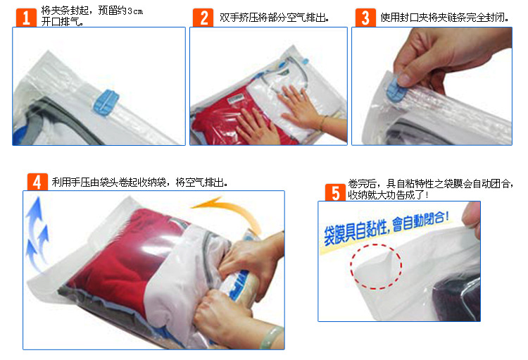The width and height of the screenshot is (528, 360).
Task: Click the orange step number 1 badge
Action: click(x=26, y=18)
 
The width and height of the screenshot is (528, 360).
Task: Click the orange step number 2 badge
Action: click(x=203, y=18)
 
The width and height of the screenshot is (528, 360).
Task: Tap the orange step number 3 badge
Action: click(x=365, y=18)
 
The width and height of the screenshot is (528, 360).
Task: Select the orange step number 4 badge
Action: click(x=37, y=182)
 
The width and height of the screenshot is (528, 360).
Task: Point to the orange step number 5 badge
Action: click(x=335, y=192)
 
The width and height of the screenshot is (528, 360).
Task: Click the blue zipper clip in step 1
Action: click(x=106, y=102)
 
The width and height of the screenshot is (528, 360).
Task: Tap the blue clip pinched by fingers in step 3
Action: click(x=394, y=89)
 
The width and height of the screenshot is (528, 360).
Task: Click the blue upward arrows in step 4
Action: click(x=37, y=232)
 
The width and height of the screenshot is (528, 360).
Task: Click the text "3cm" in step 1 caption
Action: click(x=135, y=11)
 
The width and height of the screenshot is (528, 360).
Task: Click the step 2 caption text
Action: click(x=274, y=17)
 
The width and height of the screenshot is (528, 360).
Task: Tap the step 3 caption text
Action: click(x=444, y=17)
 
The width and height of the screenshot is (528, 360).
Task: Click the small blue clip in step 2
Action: click(x=305, y=61)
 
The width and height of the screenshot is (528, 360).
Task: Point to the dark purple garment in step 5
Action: click(x=458, y=297)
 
